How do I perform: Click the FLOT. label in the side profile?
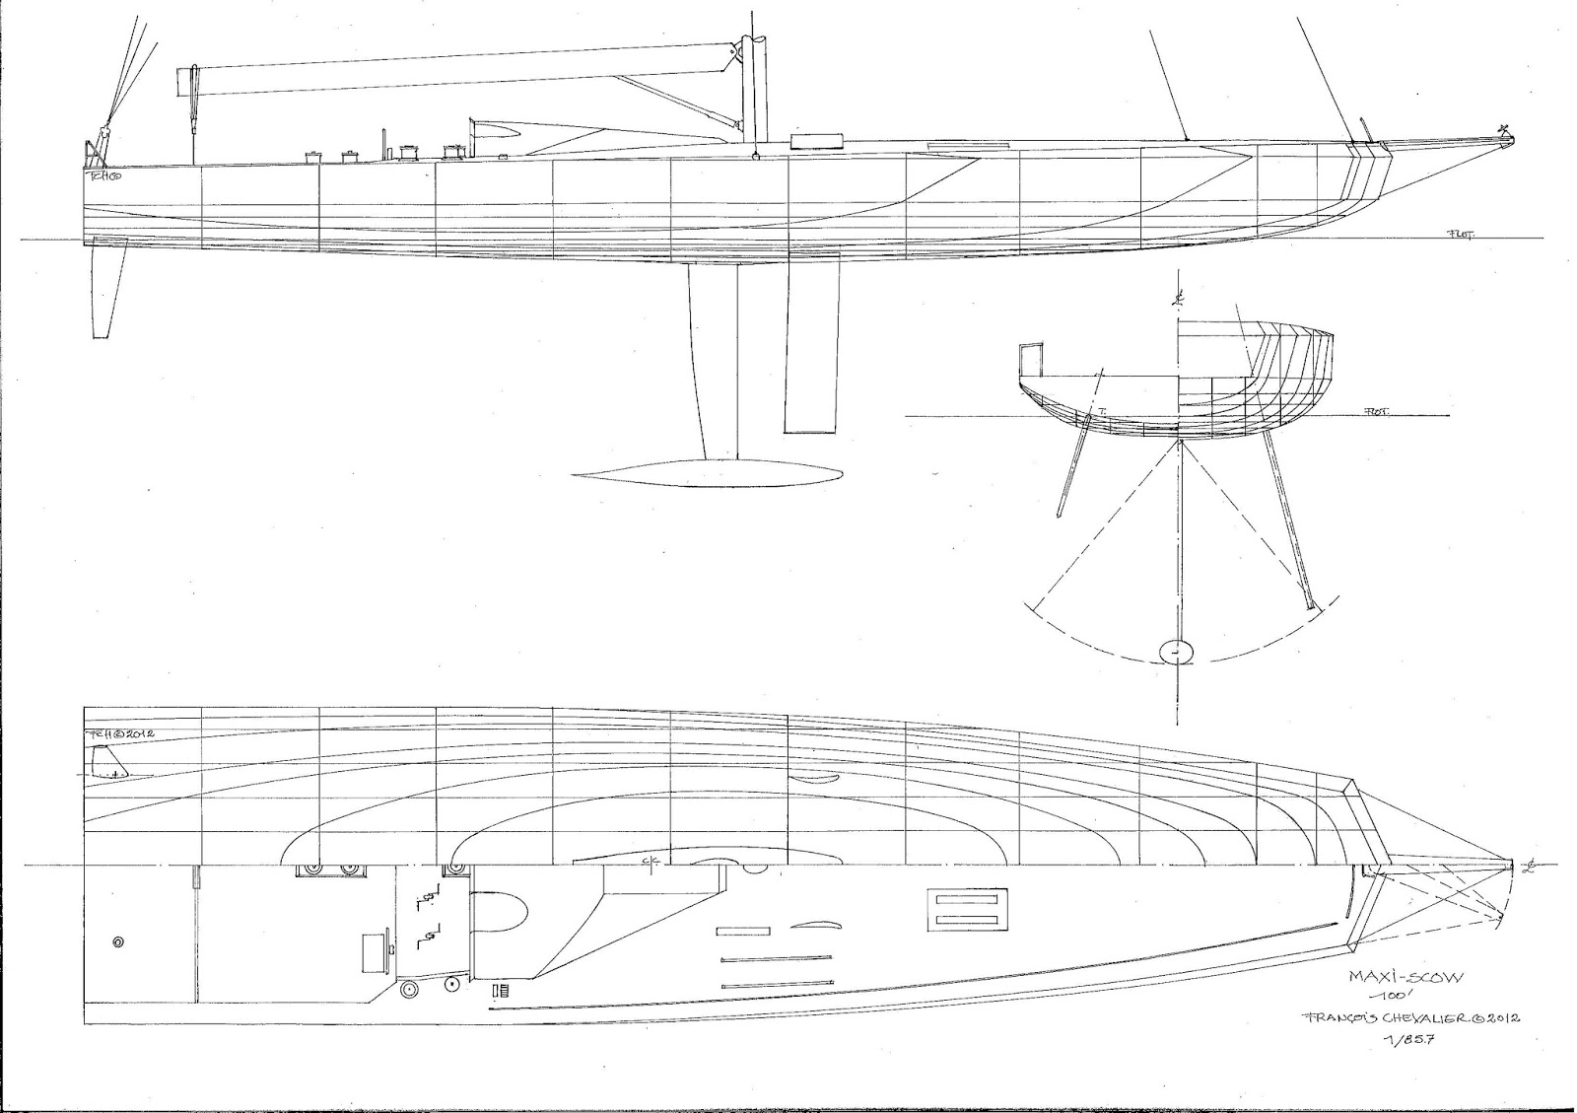tap(1460, 234)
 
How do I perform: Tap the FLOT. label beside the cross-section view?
tap(1372, 412)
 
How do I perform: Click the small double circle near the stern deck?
tap(118, 942)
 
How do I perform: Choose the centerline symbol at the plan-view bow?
tap(1529, 867)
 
